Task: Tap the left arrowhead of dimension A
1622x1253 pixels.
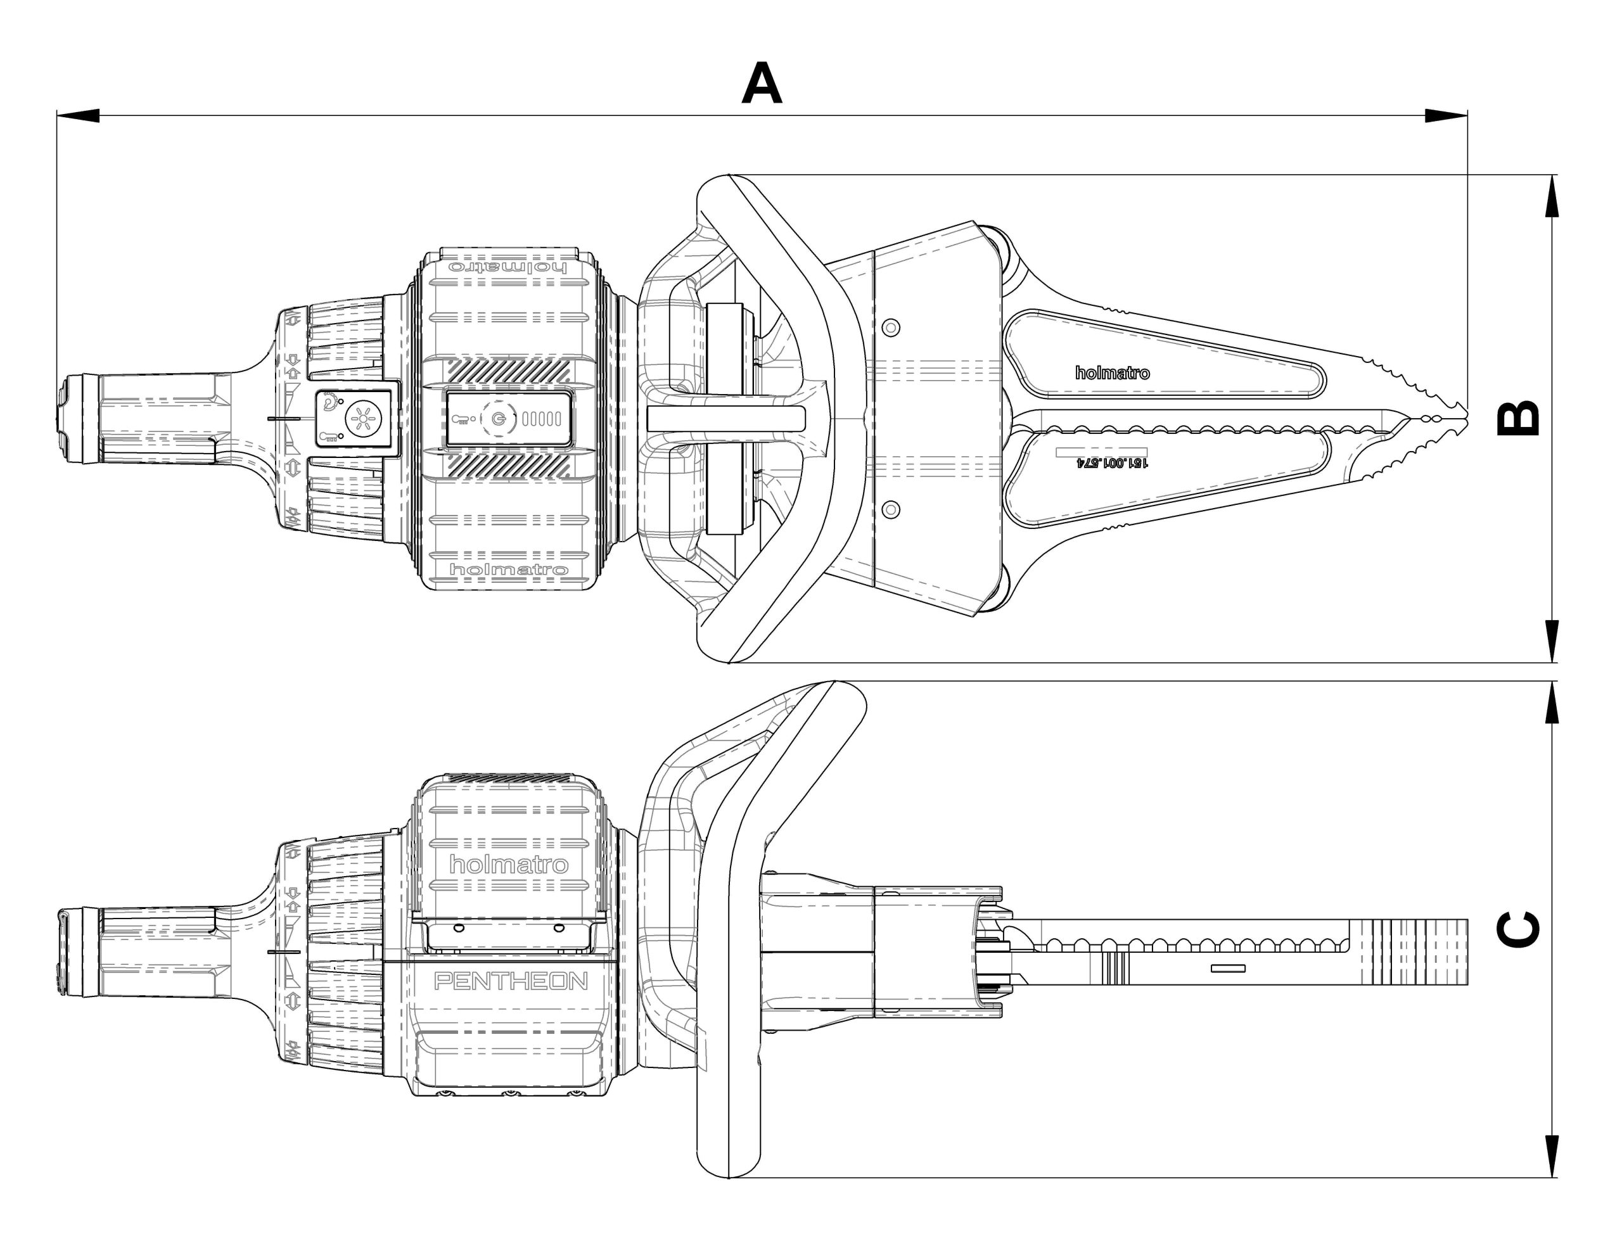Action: [x=78, y=116]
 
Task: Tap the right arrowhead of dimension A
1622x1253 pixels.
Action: [x=1445, y=116]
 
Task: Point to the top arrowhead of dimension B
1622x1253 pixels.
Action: [x=1552, y=197]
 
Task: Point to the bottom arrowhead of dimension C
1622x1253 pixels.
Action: [x=1552, y=1155]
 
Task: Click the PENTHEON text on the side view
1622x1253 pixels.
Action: [x=510, y=982]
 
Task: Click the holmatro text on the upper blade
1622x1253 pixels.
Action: [x=1112, y=373]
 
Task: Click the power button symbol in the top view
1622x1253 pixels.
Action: [x=499, y=419]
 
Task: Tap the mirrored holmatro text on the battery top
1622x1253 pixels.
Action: [x=508, y=267]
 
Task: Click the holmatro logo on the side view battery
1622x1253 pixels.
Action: [x=508, y=865]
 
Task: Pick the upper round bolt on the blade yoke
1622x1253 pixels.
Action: [x=891, y=327]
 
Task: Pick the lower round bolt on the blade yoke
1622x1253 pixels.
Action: [x=891, y=509]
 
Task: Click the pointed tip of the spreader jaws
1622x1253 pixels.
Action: [x=1465, y=418]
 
